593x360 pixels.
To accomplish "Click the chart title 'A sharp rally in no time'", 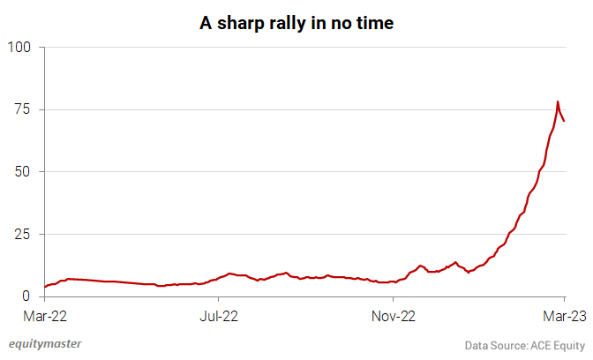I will pos(296,24).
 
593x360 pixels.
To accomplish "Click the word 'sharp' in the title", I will pos(242,24).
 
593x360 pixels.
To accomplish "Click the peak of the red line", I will pos(558,102).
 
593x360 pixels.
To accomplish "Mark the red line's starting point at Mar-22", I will pos(45,287).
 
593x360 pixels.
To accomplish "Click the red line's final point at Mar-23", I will pos(565,121).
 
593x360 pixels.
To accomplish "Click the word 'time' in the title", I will pos(374,24).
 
